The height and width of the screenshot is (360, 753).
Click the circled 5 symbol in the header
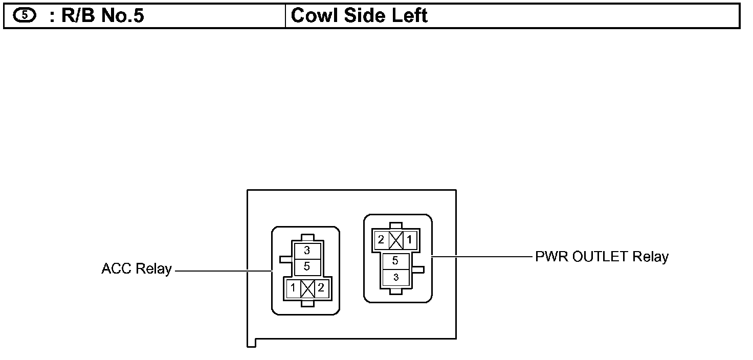25,15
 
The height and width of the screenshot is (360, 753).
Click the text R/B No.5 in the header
97,16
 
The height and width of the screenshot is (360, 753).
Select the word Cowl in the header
314,16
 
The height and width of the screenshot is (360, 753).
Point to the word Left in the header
410,16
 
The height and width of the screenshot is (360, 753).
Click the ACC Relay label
136,269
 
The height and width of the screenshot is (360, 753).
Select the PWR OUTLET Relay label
602,256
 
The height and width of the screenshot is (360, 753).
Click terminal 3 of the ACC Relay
307,251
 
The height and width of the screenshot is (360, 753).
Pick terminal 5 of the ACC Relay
307,266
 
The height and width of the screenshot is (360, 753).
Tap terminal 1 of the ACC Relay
293,288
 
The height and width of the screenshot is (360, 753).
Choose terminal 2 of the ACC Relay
321,288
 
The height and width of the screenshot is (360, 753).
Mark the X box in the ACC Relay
307,288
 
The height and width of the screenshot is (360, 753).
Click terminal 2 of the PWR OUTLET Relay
381,239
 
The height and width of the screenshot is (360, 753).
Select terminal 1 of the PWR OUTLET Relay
409,239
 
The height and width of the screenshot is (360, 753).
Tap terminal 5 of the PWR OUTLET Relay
395,261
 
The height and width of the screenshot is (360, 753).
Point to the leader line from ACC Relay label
223,270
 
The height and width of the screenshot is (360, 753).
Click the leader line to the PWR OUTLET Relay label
481,256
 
